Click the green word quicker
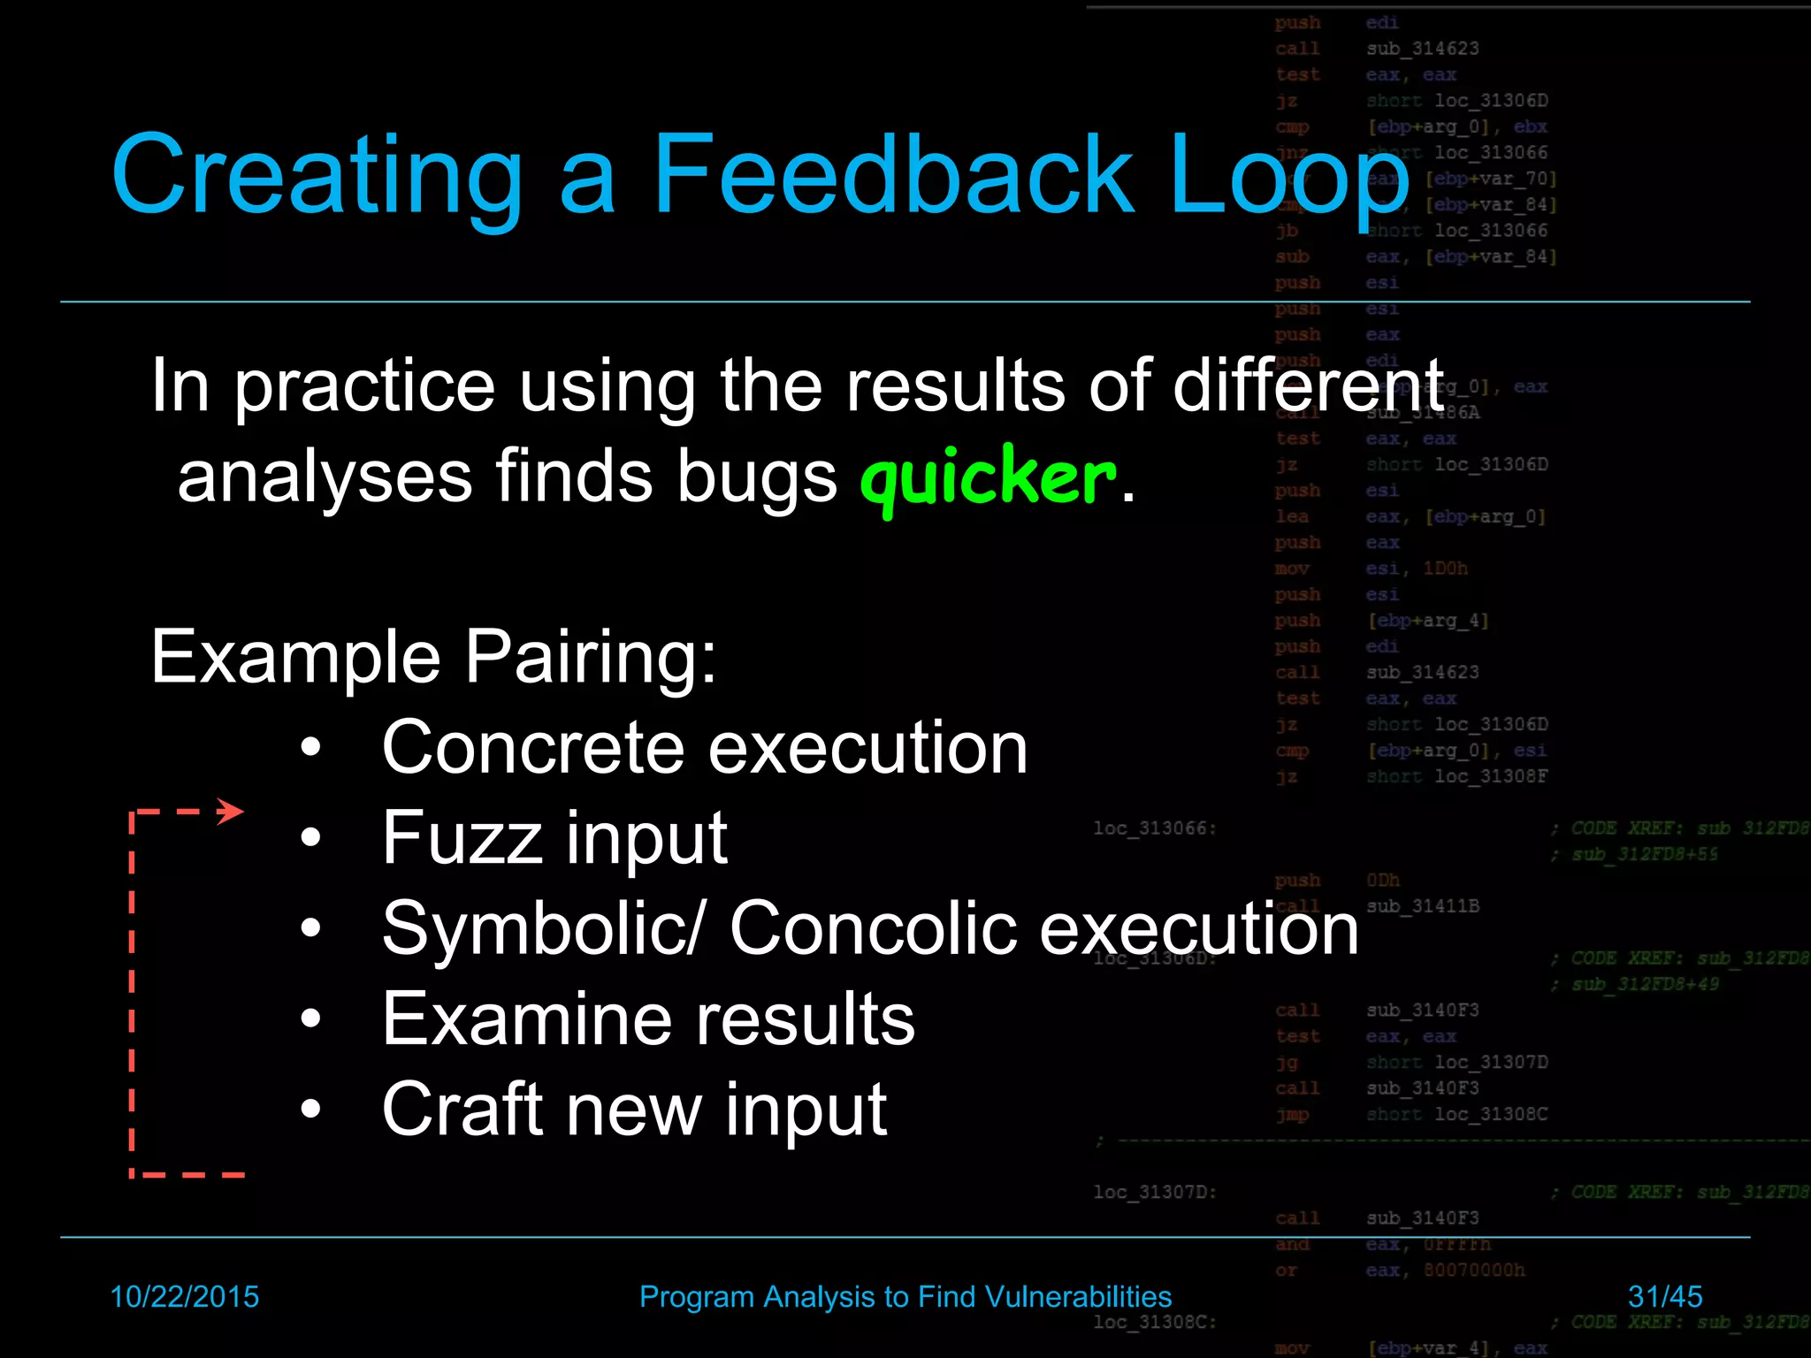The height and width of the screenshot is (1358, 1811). [988, 478]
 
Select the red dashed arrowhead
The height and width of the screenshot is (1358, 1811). [232, 811]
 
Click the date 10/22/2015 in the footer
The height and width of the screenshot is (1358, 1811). [184, 1296]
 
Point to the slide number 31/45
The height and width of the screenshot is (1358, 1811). [1664, 1296]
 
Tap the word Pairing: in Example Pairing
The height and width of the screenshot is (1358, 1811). [591, 657]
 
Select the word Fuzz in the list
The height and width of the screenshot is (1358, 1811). [462, 838]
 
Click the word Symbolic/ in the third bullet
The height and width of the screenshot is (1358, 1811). [544, 930]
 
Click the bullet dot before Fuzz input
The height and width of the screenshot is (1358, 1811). [310, 838]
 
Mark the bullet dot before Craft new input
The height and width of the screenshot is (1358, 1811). [310, 1110]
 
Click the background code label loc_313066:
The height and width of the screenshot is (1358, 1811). [1155, 828]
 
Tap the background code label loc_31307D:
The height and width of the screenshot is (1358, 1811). [1155, 1192]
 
